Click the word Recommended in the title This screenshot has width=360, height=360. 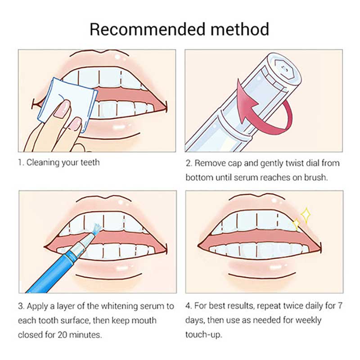click(x=147, y=29)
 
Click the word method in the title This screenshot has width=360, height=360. click(x=240, y=29)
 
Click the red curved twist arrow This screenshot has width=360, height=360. click(x=264, y=108)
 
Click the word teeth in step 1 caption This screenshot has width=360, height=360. click(x=90, y=162)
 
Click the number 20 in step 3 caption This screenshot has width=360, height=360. click(x=62, y=334)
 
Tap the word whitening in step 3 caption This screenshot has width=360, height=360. click(x=119, y=306)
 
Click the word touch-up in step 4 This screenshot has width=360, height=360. click(x=204, y=334)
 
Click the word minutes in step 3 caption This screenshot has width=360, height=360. click(x=85, y=334)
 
